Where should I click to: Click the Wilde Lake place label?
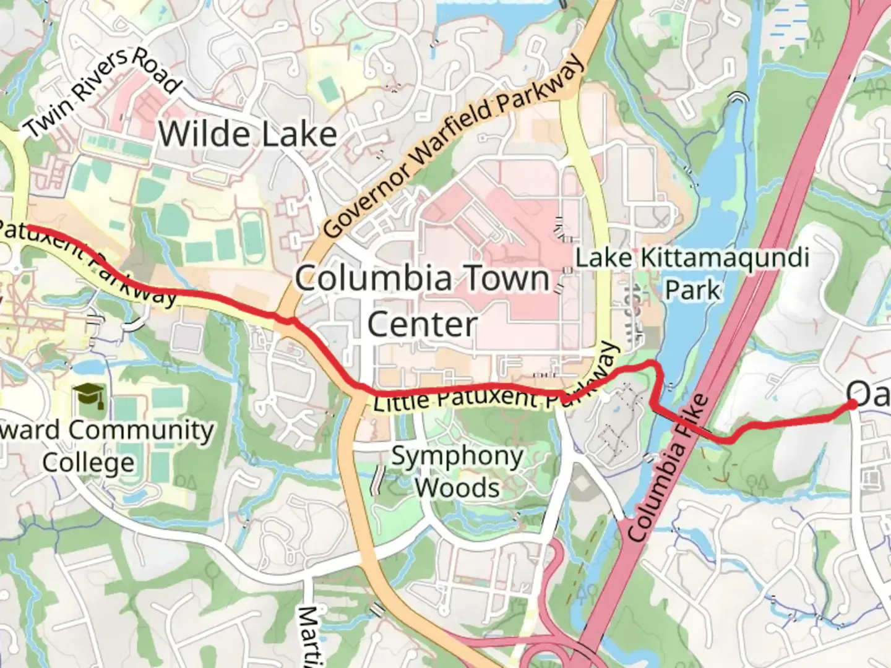click(247, 134)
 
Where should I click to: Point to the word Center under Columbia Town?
click(423, 324)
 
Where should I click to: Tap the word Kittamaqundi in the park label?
click(725, 257)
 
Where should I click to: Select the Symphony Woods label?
click(457, 472)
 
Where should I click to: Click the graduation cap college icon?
click(88, 396)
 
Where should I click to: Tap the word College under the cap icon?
click(88, 463)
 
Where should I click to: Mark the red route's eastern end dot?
click(852, 404)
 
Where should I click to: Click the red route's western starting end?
click(28, 228)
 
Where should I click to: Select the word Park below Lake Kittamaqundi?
click(692, 289)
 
